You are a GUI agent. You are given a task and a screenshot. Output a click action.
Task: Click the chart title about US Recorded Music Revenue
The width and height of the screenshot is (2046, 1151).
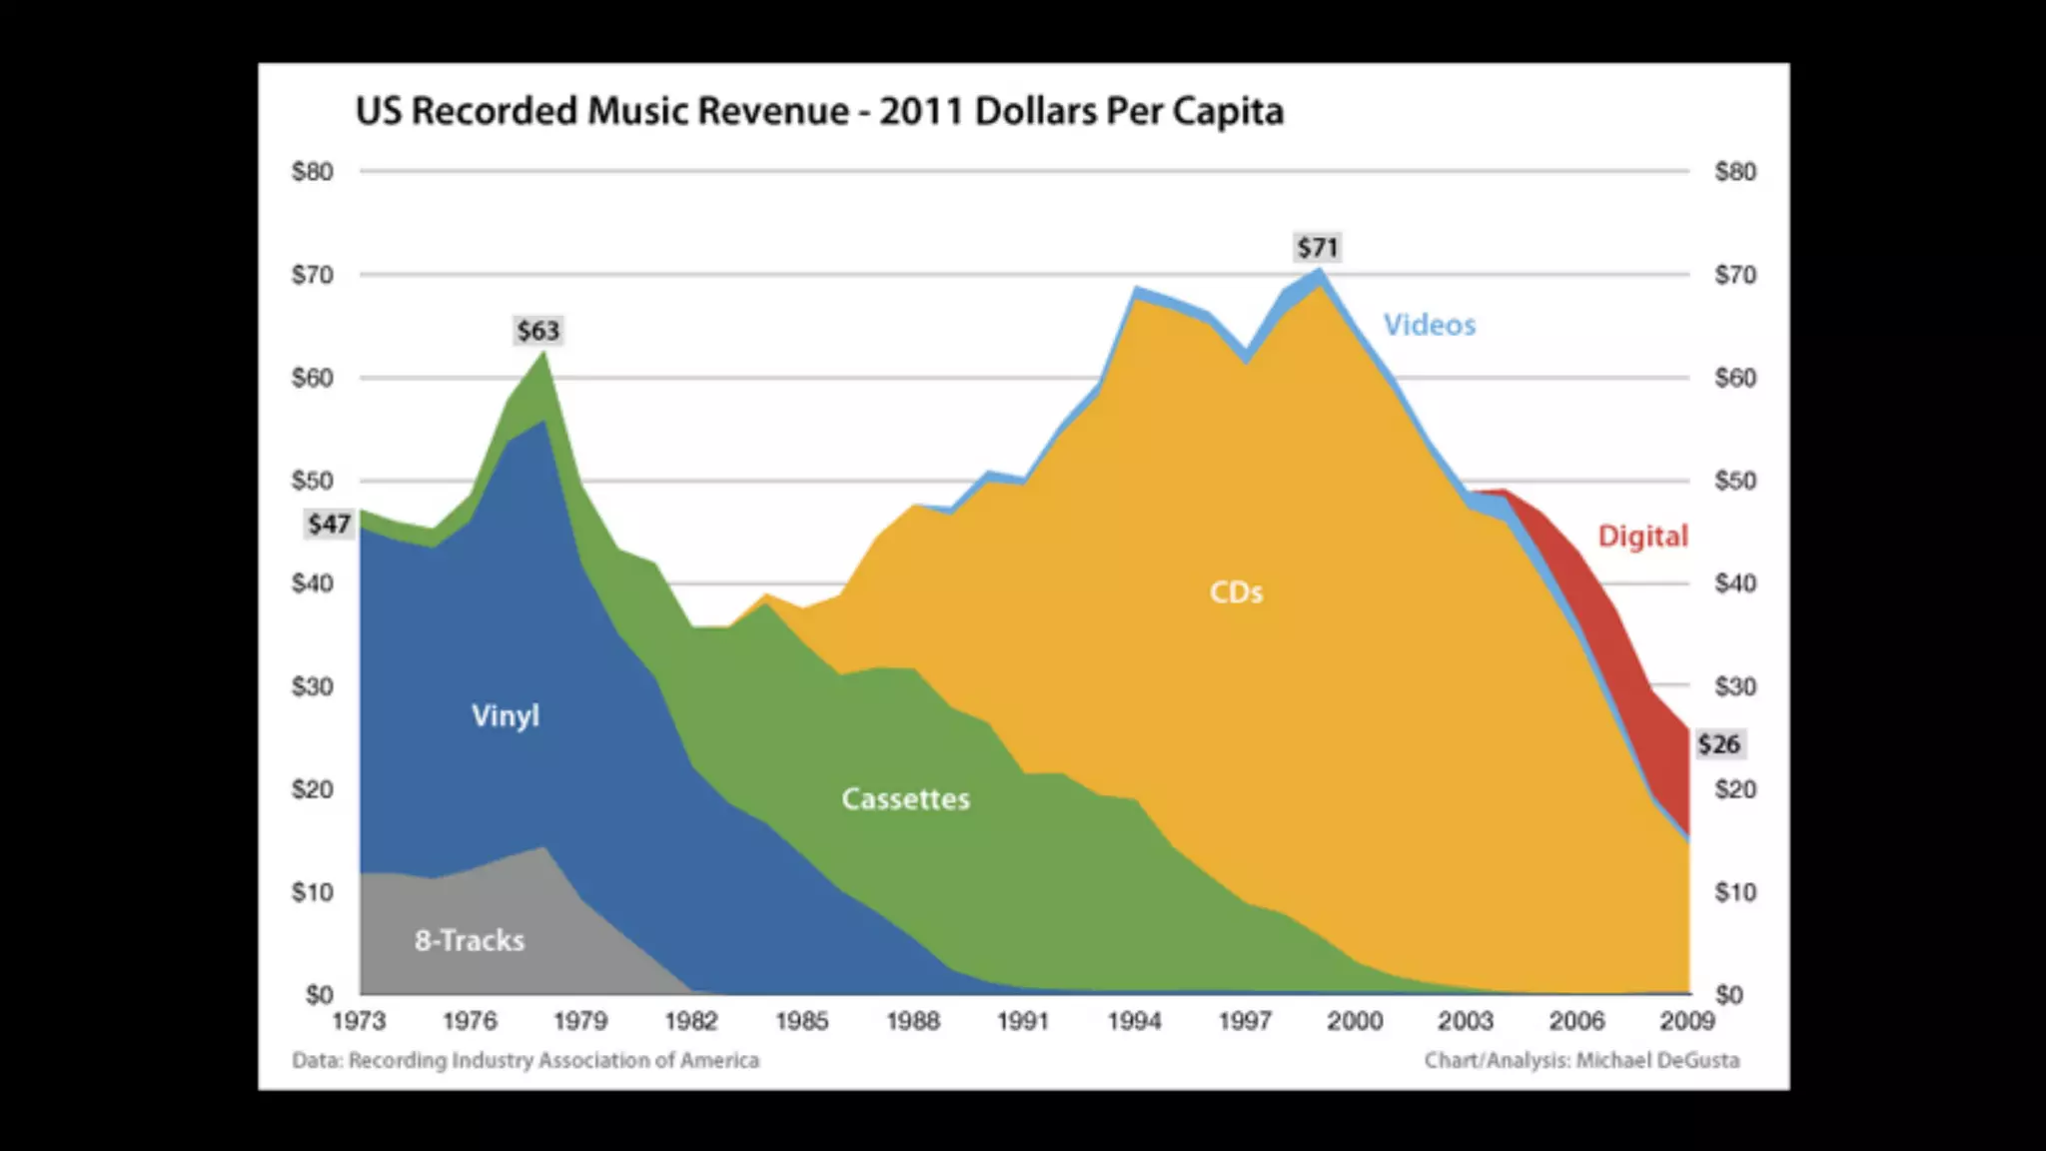pyautogui.click(x=819, y=111)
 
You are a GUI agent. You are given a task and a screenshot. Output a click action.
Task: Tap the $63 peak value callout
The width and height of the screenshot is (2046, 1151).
pyautogui.click(x=538, y=331)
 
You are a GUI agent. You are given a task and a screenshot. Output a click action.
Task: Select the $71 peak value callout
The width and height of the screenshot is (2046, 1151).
pyautogui.click(x=1318, y=248)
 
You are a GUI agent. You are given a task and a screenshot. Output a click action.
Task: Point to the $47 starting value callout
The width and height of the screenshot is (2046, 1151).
pyautogui.click(x=329, y=525)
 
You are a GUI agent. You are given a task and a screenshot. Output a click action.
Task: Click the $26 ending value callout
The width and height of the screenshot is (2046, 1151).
pyautogui.click(x=1718, y=744)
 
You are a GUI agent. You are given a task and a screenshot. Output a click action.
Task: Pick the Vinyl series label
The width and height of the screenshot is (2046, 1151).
pyautogui.click(x=506, y=715)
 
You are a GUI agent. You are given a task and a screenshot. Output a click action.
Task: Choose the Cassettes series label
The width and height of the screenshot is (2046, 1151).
pyautogui.click(x=905, y=799)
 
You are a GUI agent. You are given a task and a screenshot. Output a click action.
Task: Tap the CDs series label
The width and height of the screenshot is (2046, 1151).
pyautogui.click(x=1236, y=592)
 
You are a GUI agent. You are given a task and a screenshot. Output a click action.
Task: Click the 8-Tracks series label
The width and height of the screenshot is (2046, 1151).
pyautogui.click(x=470, y=940)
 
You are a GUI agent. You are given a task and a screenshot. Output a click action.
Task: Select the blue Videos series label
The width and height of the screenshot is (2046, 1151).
pyautogui.click(x=1429, y=325)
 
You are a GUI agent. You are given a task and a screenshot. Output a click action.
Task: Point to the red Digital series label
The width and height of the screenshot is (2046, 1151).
pyautogui.click(x=1642, y=537)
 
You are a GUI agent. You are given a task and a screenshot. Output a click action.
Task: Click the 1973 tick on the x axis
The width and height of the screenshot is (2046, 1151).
pyautogui.click(x=359, y=1021)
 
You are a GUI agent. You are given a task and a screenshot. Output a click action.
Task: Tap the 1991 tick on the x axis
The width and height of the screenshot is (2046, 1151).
pyautogui.click(x=1023, y=1021)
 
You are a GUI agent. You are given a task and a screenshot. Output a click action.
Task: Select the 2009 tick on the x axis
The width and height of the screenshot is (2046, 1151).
pyautogui.click(x=1687, y=1021)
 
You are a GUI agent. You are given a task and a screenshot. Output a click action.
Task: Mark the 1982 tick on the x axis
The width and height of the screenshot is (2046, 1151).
pyautogui.click(x=691, y=1021)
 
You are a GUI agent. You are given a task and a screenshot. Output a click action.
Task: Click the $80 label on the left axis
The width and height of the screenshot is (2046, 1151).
pyautogui.click(x=313, y=172)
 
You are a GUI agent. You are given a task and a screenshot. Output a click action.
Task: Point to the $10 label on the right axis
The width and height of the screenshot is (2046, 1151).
pyautogui.click(x=1735, y=892)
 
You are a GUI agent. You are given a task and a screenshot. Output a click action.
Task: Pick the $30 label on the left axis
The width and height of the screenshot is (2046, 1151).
pyautogui.click(x=313, y=686)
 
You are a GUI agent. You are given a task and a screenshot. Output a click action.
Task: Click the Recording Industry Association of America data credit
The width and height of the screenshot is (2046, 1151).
pyautogui.click(x=525, y=1060)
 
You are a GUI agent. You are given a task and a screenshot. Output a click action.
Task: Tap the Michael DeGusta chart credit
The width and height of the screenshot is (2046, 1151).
pyautogui.click(x=1581, y=1060)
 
